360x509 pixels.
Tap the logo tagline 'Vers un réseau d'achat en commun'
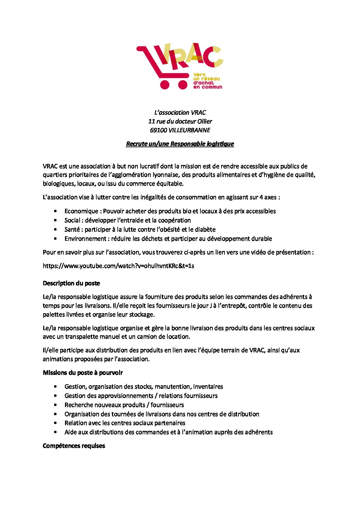[207, 81]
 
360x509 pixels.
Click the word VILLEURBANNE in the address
[189, 130]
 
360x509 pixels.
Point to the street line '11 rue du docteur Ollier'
[180, 121]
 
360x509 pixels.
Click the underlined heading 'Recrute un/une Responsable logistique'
[180, 144]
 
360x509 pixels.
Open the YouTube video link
[118, 266]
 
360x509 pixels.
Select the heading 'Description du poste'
[71, 283]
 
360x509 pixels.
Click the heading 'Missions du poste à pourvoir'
[83, 373]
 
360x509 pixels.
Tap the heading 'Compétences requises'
[74, 446]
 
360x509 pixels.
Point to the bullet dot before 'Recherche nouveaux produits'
[55, 405]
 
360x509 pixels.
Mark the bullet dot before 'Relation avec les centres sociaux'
[55, 423]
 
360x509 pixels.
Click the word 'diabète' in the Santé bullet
[205, 230]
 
